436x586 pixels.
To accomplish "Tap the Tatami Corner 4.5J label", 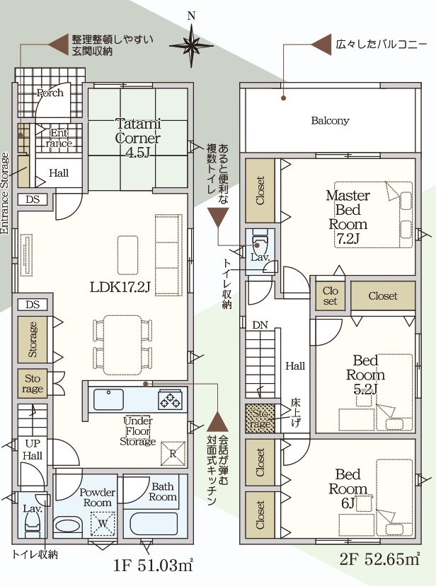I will point(138,138).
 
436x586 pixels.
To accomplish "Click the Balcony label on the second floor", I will point(330,121).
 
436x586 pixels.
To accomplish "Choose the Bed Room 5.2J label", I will point(365,375).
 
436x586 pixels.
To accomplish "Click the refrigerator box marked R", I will point(172,452).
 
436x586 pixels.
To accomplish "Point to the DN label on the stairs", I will point(260,325).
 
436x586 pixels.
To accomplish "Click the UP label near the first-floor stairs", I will point(33,443).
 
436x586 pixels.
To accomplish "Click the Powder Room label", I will point(96,497).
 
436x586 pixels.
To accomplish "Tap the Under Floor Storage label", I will point(138,430).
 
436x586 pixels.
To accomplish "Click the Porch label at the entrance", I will point(50,93).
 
